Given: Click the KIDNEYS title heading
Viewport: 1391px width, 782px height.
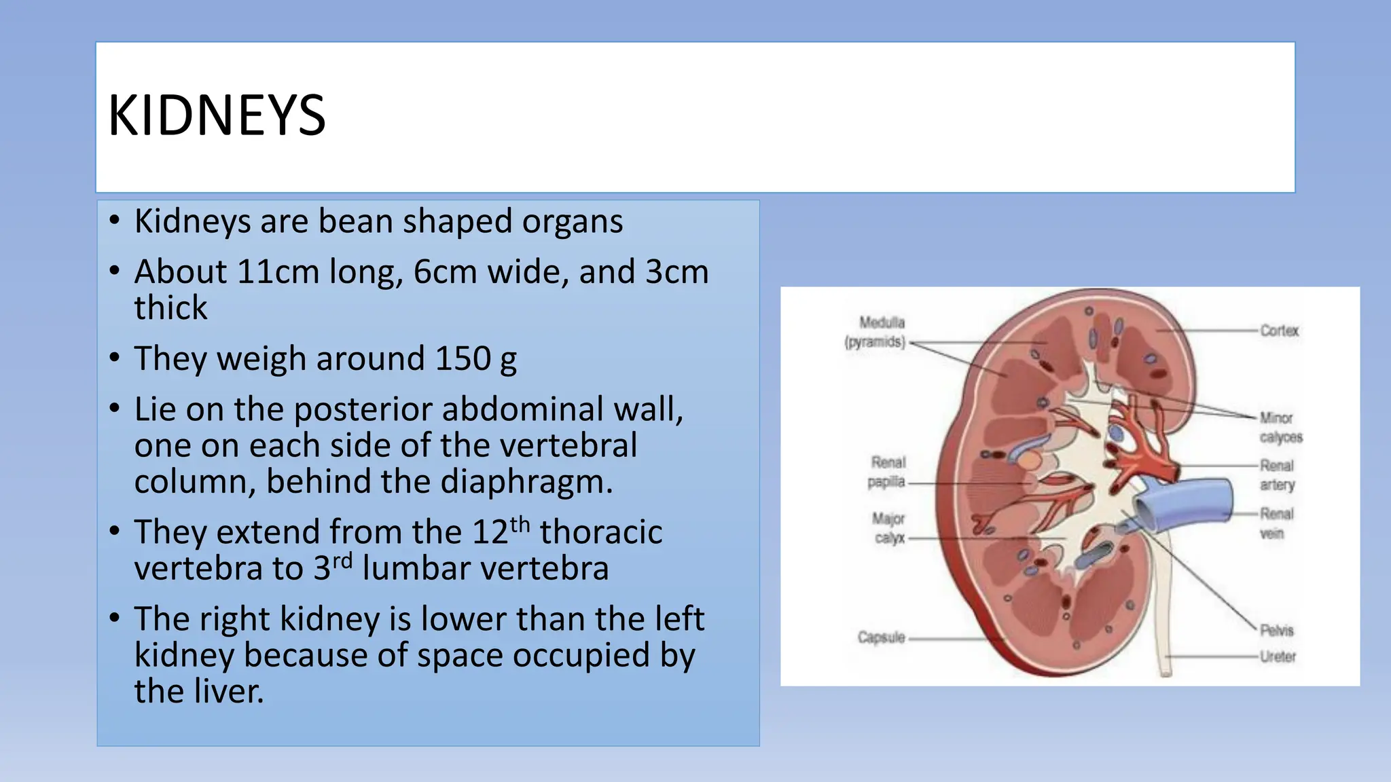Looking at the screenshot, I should [217, 116].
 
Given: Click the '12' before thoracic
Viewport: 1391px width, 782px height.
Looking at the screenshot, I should [490, 532].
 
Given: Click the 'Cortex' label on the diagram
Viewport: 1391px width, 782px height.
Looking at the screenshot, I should [1279, 331].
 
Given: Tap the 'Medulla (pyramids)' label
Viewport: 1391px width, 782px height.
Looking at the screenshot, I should [876, 332].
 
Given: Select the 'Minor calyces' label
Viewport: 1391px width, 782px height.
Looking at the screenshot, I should [1281, 427].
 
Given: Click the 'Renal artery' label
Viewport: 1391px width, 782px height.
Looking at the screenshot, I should [1277, 474].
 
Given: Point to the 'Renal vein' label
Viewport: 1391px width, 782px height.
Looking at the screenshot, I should [1276, 523].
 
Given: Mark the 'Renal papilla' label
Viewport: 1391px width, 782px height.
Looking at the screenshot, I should [887, 472].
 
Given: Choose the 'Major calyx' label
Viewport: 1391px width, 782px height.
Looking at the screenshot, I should [888, 528].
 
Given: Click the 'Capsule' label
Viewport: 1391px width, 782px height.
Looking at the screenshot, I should [881, 637].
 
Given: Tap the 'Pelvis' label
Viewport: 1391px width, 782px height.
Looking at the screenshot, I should [1277, 631].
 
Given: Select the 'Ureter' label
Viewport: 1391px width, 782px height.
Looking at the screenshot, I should [1278, 656].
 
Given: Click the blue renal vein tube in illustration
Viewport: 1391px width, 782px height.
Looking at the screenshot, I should [1195, 502].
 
